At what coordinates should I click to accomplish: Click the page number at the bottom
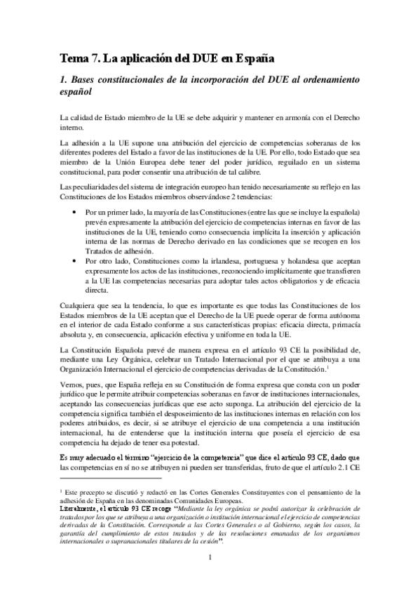click(x=210, y=558)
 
